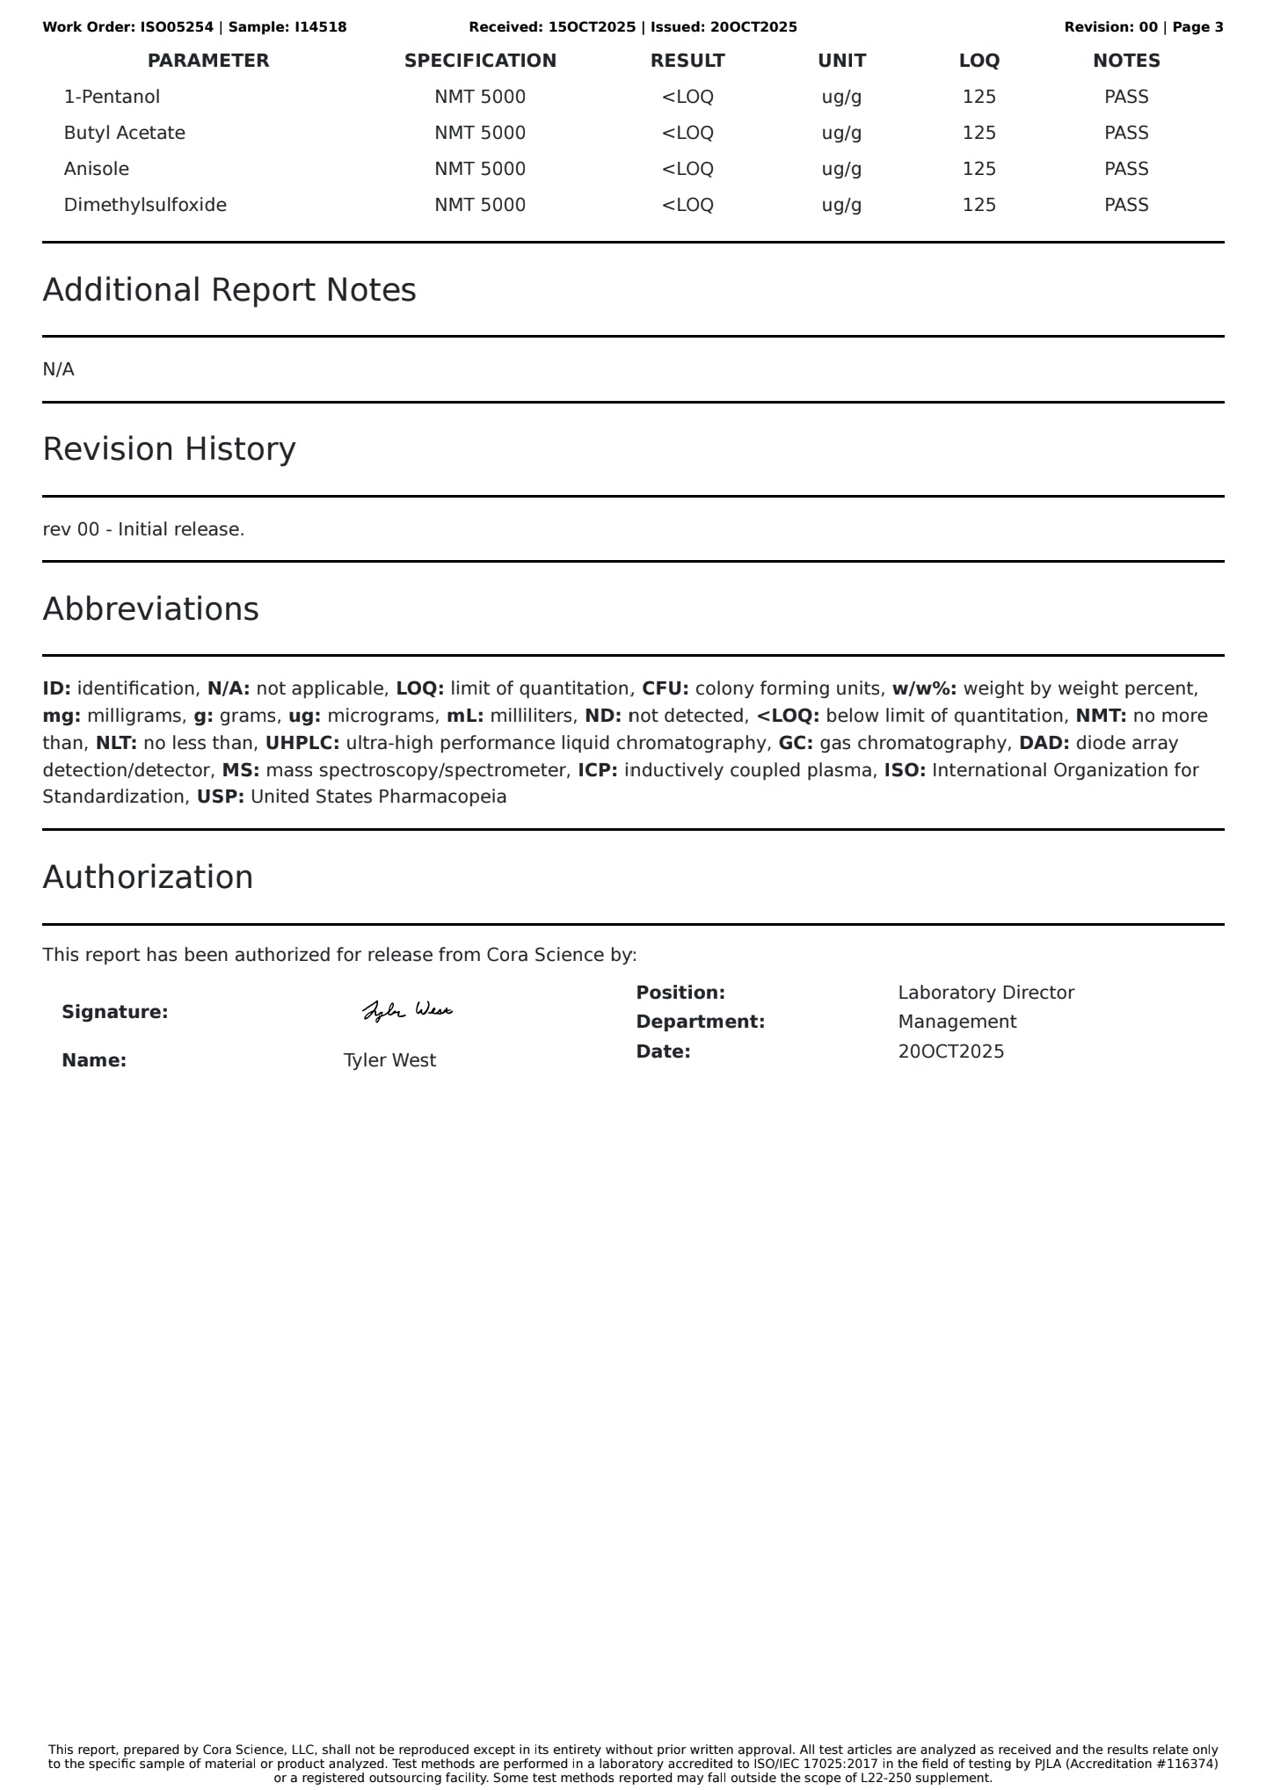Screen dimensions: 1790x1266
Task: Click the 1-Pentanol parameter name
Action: point(112,97)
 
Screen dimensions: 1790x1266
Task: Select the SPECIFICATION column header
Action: point(480,61)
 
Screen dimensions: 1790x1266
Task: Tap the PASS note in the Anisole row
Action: point(1126,169)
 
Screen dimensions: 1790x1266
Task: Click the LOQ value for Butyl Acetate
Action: point(979,133)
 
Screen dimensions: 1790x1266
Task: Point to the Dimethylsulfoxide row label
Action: point(145,205)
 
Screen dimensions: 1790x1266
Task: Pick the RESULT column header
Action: point(688,61)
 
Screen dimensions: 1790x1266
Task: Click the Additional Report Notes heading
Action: point(229,290)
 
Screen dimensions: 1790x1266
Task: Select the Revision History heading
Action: point(169,449)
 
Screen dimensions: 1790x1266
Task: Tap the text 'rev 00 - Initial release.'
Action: point(143,529)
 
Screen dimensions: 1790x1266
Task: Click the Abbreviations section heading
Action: point(150,609)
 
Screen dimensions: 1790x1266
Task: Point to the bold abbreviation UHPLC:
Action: point(302,743)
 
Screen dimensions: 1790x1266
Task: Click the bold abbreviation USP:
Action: point(220,797)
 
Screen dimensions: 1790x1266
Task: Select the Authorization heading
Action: point(148,877)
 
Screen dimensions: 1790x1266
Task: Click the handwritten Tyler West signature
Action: point(407,1011)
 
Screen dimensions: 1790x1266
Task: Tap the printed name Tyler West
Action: point(389,1060)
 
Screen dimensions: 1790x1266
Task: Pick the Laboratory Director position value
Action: point(986,993)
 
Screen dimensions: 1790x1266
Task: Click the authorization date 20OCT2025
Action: point(950,1051)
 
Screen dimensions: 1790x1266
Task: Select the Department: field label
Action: point(700,1022)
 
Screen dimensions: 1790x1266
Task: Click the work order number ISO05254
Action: point(177,27)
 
